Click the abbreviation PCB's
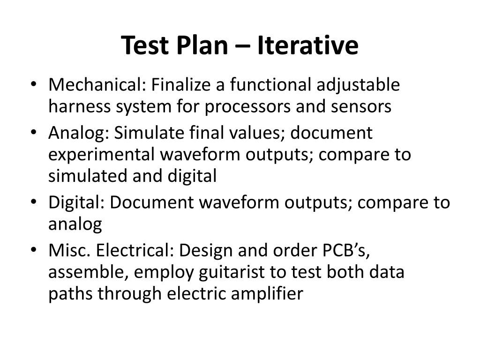click(x=344, y=251)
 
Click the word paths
click(x=70, y=294)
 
